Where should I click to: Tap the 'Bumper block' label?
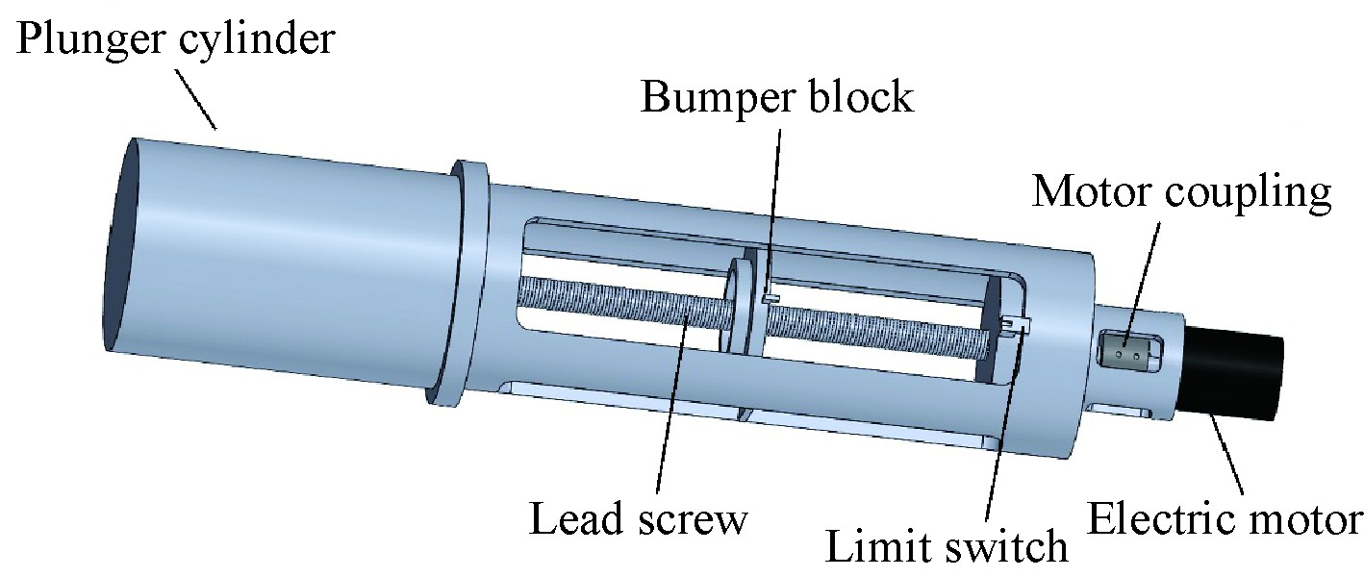click(777, 97)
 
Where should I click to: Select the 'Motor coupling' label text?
click(1182, 192)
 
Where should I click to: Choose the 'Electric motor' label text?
click(1224, 519)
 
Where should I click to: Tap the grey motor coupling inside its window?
click(1128, 353)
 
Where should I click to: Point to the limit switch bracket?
click(1016, 326)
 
